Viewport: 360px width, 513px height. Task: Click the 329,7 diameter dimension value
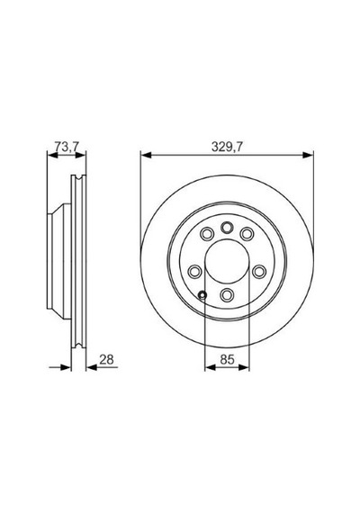coord(227,147)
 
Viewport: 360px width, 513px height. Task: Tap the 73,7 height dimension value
coord(67,147)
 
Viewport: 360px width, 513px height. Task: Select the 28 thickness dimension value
coord(106,359)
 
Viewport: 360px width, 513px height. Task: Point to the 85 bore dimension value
coord(227,359)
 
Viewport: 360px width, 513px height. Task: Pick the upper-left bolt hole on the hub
coord(206,234)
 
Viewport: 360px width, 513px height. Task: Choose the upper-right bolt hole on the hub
coord(247,234)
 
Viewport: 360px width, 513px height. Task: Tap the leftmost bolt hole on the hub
coord(194,271)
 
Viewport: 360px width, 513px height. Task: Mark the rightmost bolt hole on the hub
coord(259,271)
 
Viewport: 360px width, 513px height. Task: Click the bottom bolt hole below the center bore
coord(227,295)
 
